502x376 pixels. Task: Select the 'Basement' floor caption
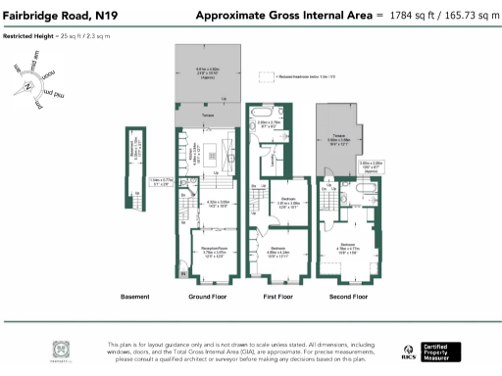coord(134,296)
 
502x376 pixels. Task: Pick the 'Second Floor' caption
coord(347,296)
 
